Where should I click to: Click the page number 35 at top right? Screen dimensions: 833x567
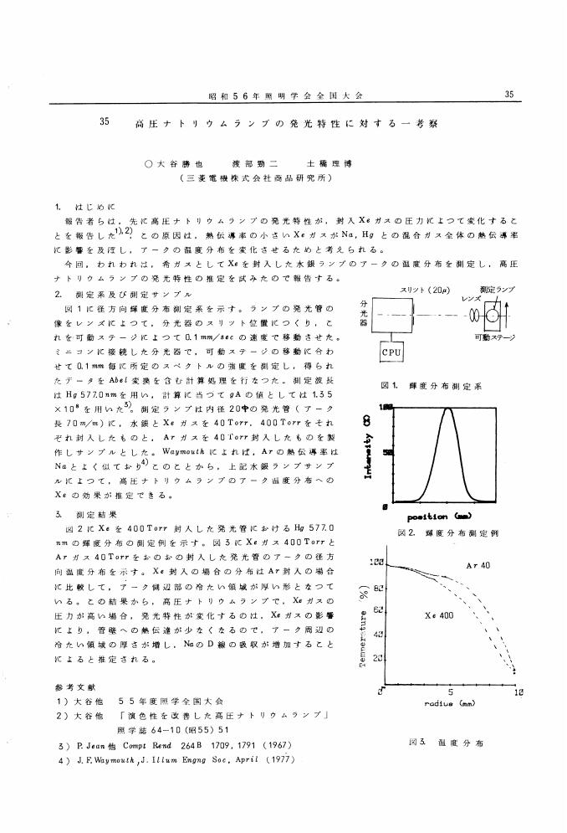click(511, 95)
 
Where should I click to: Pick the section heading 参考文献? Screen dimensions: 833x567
click(69, 686)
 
